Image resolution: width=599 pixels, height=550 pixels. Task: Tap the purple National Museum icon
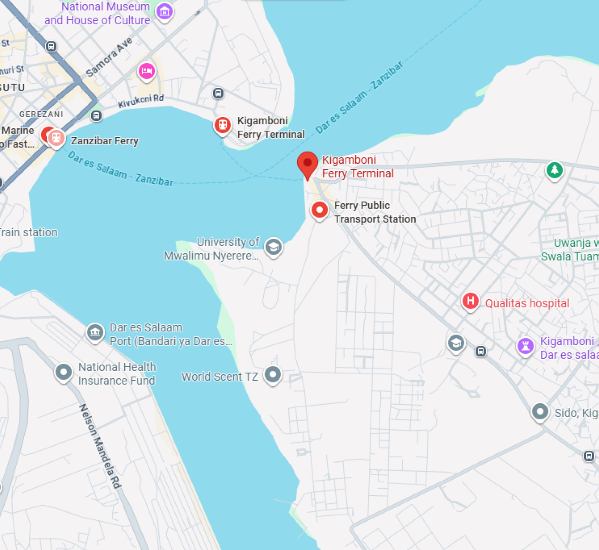coord(164,11)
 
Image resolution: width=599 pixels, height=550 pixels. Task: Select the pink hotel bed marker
coord(146,71)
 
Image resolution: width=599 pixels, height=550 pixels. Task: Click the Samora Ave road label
coord(109,57)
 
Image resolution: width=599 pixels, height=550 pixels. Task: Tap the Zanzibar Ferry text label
coord(104,141)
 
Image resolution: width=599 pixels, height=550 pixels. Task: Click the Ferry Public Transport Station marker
coord(319,209)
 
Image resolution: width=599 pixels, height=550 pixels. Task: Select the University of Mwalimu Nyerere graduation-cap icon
coord(273,246)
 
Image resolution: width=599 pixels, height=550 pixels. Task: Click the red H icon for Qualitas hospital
coord(470,300)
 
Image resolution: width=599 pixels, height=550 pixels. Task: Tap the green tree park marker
coord(555,170)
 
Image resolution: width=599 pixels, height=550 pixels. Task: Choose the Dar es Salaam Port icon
coord(95,332)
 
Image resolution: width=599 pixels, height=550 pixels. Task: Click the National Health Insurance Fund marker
coord(63,372)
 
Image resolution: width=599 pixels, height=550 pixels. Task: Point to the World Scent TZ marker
coord(273,375)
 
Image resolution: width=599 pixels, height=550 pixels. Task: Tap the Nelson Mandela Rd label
coord(100,446)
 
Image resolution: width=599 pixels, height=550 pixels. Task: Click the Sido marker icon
coord(539,411)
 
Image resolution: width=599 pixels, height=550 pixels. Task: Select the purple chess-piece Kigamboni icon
coord(525,346)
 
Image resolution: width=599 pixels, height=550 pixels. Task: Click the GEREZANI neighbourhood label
coord(41,114)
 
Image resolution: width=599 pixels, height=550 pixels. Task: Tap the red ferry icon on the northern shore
coord(222,125)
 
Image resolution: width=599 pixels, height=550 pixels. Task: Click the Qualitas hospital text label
coord(527,303)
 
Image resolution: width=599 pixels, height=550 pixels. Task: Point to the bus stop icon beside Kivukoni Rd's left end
coord(96,116)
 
